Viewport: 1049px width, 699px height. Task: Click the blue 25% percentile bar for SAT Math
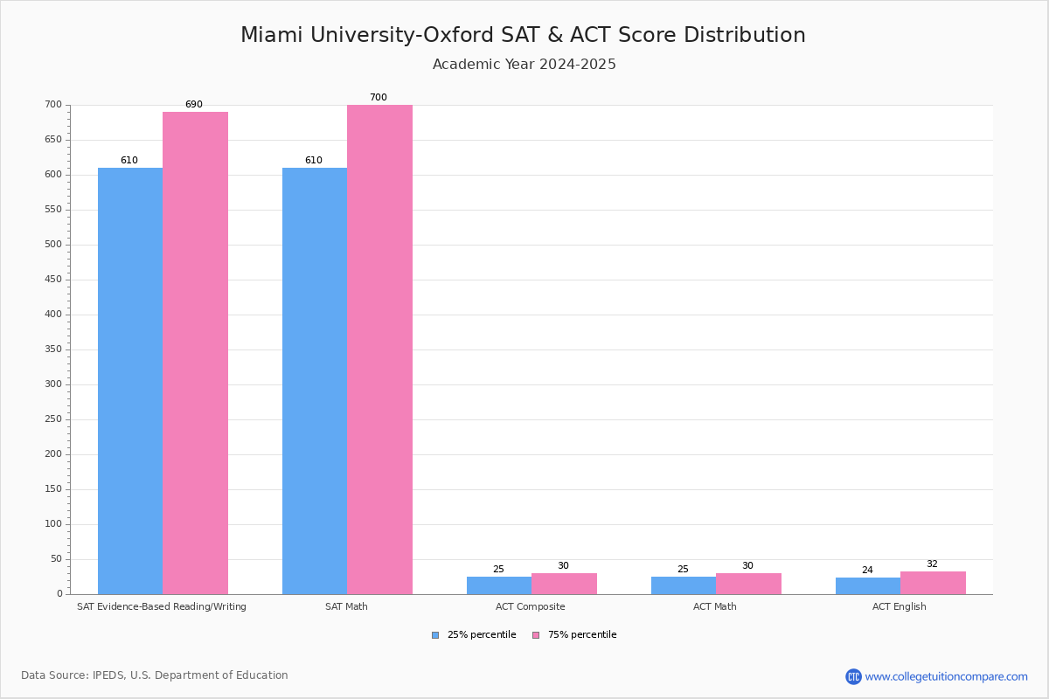tap(315, 381)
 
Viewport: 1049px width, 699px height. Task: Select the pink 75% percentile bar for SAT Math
tap(379, 349)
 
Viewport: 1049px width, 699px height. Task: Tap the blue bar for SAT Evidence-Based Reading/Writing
tap(130, 381)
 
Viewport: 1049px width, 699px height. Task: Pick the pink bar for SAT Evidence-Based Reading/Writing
tap(195, 353)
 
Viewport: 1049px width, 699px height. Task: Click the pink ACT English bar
tap(933, 583)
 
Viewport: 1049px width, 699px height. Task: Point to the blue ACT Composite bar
tap(499, 585)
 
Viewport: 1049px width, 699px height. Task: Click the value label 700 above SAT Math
tap(378, 98)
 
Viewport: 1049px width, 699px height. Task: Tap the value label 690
tap(193, 105)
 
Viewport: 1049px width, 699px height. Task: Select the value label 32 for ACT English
tap(932, 564)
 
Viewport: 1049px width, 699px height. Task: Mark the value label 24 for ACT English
tap(867, 571)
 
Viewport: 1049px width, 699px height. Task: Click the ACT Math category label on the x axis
tap(715, 606)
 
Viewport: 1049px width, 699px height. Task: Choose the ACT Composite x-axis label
tap(530, 606)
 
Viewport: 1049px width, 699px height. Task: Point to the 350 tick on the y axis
tap(53, 349)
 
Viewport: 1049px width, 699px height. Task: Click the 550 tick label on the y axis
tap(53, 210)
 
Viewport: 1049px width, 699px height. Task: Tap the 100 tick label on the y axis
tap(53, 524)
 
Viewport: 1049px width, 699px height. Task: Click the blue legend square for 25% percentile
tap(435, 635)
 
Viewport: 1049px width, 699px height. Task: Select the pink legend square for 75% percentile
tap(536, 635)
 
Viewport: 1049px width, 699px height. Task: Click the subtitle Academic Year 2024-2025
tap(524, 65)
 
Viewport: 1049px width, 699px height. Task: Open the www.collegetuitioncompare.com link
tap(946, 676)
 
